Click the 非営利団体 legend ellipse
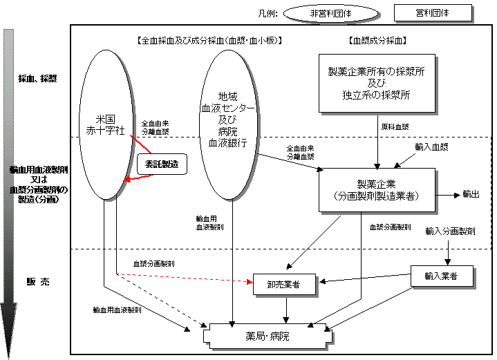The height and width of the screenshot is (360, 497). point(331,13)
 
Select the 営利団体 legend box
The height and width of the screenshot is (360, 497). point(433,12)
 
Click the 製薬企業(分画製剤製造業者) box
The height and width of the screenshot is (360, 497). point(377,189)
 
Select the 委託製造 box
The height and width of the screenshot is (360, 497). point(162,164)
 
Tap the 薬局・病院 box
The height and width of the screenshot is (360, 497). point(268,337)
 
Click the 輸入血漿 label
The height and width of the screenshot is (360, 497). point(431,147)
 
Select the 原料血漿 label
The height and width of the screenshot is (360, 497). point(395,127)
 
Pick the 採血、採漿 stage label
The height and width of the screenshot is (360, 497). point(38,78)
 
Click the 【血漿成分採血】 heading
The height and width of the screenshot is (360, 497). point(377,41)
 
